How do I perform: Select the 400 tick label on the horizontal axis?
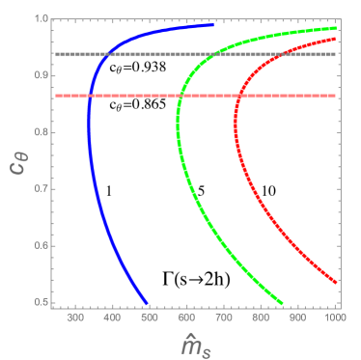point(113,314)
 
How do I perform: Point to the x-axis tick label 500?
point(151,314)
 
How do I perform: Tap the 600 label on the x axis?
point(187,314)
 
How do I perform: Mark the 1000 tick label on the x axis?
point(334,314)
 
